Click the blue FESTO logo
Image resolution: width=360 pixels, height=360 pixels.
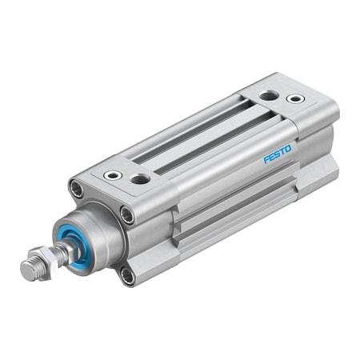[278, 152]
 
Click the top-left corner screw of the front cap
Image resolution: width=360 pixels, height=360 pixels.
[76, 190]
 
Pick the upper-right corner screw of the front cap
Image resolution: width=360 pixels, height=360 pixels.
[126, 214]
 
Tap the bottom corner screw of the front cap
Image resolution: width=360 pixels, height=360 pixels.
[127, 275]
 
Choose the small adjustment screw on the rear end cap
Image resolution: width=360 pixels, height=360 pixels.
[295, 99]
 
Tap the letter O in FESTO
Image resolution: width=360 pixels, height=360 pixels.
[290, 146]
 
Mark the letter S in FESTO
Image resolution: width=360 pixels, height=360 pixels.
[278, 152]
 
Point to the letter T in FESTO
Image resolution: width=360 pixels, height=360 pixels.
[283, 150]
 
